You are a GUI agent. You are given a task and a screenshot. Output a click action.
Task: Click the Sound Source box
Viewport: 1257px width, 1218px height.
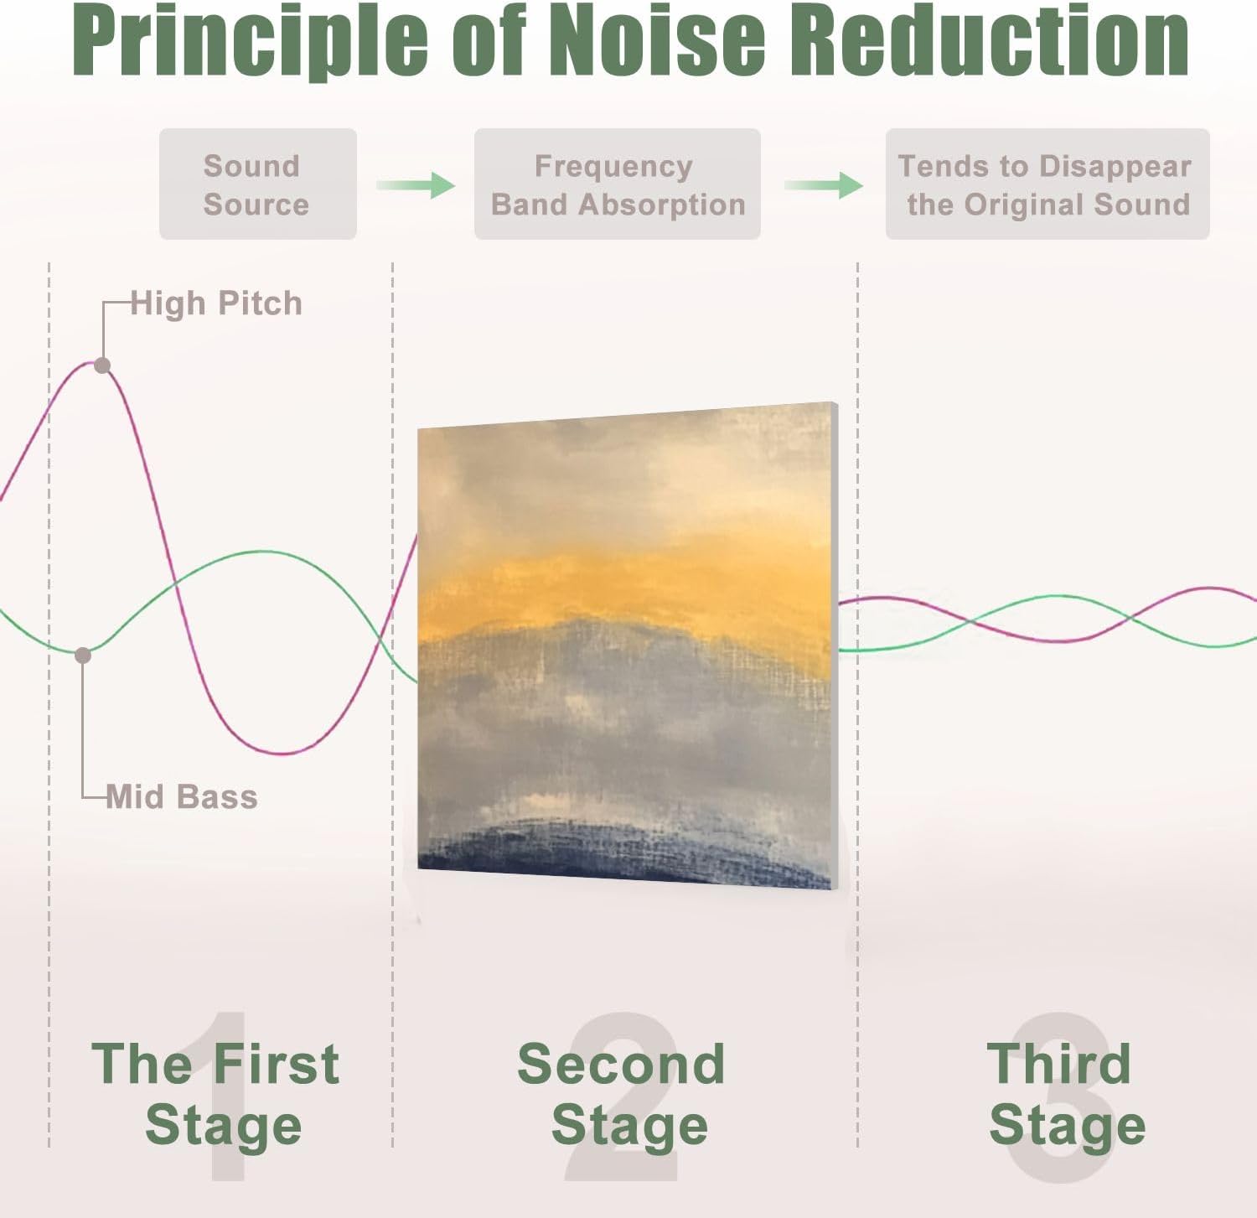tap(257, 184)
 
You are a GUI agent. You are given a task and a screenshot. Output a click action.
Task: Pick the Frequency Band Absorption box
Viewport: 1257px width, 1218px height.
tap(617, 184)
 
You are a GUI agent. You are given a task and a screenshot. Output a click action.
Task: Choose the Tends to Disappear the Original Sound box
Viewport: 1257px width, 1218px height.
tap(1047, 184)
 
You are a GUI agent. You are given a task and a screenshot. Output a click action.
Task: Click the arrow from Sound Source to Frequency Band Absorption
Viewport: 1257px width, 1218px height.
tap(416, 185)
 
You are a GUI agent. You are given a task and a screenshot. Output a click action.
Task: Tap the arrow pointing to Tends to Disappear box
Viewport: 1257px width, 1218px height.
tap(824, 185)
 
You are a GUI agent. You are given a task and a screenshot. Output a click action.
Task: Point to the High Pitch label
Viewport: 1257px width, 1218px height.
tap(216, 303)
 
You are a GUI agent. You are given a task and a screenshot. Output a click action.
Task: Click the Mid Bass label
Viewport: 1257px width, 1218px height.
tap(182, 796)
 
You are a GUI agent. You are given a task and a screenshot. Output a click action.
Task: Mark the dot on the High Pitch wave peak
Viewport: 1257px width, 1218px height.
tap(102, 365)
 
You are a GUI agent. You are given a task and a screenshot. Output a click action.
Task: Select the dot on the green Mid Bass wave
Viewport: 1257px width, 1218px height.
tap(83, 655)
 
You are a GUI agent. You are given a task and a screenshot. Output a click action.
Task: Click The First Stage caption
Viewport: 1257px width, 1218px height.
tap(216, 1094)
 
